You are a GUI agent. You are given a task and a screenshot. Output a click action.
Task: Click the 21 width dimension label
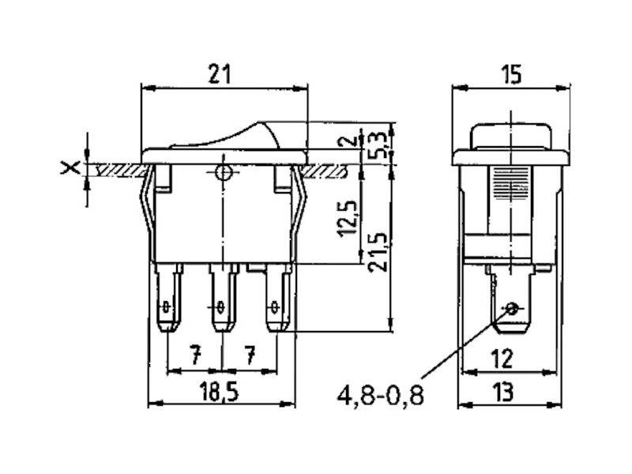220,74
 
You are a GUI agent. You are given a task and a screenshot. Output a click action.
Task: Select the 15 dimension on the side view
511,74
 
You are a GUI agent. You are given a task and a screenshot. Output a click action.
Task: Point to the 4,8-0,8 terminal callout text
381,395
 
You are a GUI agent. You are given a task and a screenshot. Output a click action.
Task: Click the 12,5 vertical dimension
347,218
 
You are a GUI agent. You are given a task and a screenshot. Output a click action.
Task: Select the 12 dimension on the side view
502,359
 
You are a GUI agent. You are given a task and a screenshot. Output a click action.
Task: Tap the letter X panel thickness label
70,167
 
